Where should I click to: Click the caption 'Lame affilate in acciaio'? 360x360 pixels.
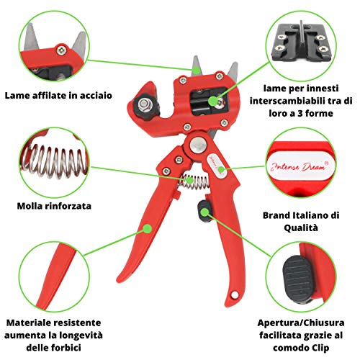[58, 96]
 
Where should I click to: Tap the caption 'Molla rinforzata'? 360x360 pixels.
[54, 206]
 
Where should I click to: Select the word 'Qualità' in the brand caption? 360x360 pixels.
[301, 228]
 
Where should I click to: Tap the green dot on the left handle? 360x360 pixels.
[148, 228]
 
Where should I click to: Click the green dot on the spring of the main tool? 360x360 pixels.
[189, 180]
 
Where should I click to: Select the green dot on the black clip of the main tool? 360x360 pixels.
[204, 212]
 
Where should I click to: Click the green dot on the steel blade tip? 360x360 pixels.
[197, 71]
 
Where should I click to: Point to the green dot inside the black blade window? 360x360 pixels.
[212, 101]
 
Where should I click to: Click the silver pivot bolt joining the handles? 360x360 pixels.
[198, 145]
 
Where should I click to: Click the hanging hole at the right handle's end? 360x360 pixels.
[235, 294]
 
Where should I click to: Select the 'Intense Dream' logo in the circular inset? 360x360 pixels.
[300, 166]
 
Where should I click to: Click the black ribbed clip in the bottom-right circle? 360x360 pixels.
[298, 278]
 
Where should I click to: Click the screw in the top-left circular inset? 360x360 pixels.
[60, 50]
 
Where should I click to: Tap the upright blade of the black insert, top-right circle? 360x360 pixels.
[302, 35]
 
